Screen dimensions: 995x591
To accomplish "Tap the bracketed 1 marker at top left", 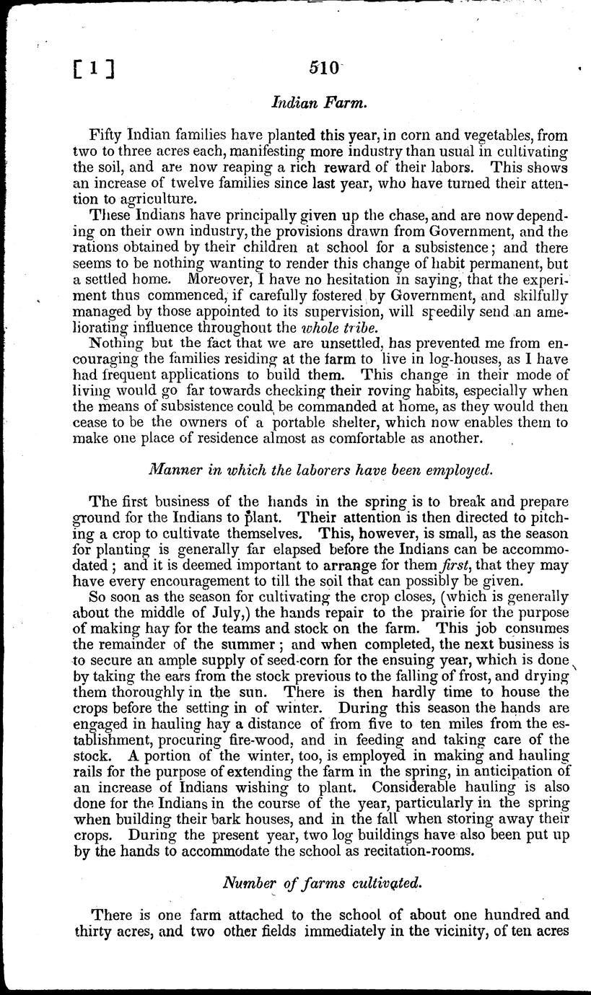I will point(95,70).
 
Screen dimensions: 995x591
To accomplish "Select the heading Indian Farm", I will point(320,104).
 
